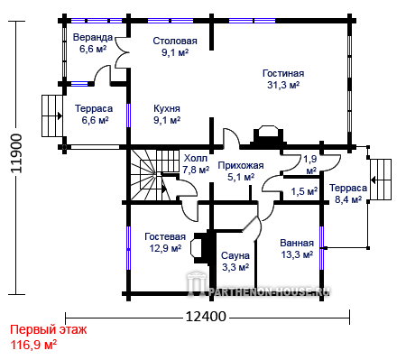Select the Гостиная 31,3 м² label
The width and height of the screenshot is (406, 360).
click(283, 79)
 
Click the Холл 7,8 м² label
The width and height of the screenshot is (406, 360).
click(196, 164)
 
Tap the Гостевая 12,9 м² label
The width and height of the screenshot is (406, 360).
click(165, 243)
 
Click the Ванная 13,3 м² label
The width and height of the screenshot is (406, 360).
click(297, 249)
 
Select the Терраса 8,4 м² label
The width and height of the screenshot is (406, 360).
click(348, 194)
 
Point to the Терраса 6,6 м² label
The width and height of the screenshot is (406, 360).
click(94, 115)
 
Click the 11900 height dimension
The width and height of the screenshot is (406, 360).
click(16, 153)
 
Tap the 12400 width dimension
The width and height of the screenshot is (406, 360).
click(206, 317)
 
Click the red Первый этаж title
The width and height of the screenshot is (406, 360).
click(49, 330)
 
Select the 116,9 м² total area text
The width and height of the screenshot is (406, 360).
click(33, 345)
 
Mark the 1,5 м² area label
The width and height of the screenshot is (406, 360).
click(304, 191)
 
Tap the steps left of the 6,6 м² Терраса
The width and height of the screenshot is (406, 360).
click(52, 115)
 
